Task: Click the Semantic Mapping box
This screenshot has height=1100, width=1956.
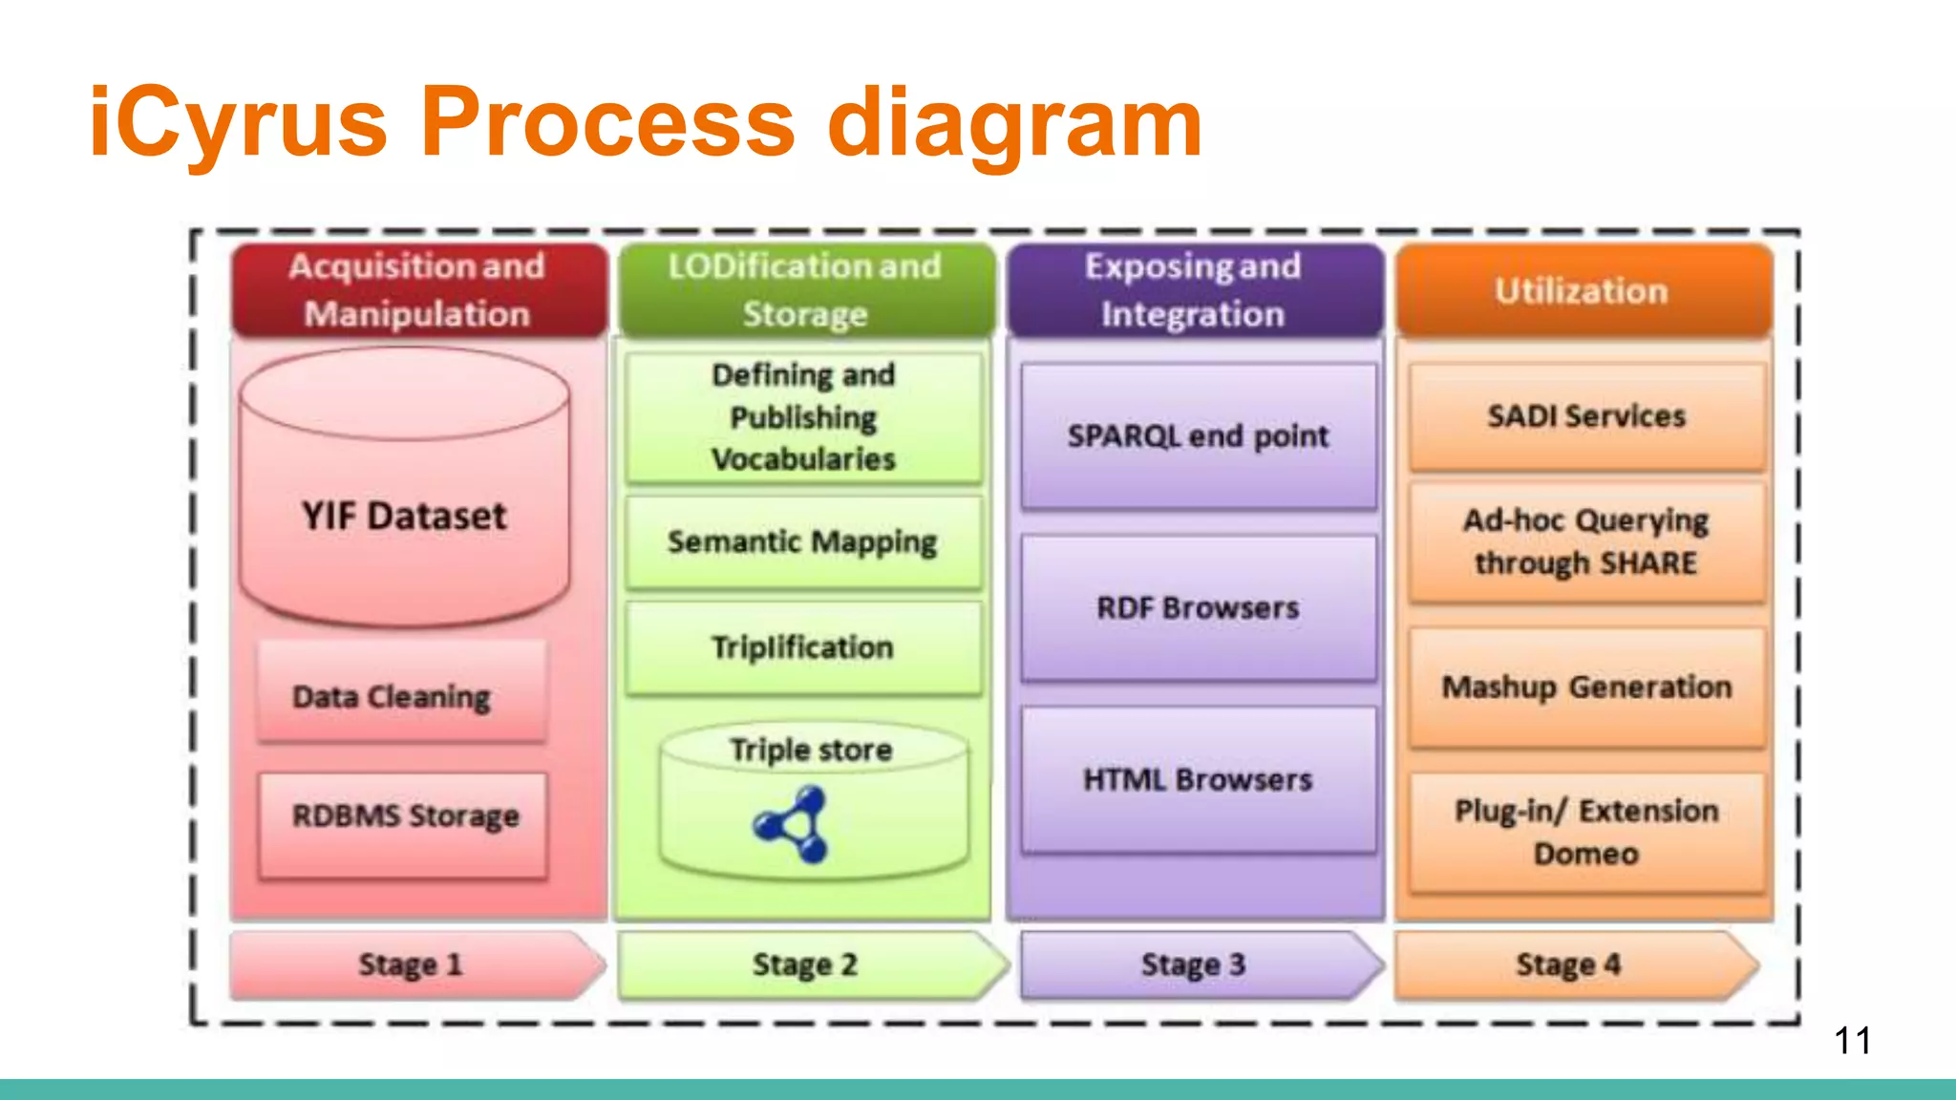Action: point(802,541)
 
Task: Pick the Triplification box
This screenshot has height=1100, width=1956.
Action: point(802,647)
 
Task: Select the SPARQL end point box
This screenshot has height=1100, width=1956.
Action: point(1198,435)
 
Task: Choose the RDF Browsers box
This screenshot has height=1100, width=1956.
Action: point(1198,607)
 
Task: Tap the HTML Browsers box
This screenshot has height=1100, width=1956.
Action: point(1198,779)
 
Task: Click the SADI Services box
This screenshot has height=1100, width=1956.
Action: point(1585,416)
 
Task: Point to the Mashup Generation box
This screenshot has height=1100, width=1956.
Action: point(1585,687)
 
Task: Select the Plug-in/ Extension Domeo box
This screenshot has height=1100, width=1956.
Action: point(1585,832)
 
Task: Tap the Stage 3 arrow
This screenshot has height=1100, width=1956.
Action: point(1194,964)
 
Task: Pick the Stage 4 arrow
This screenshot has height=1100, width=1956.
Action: point(1570,964)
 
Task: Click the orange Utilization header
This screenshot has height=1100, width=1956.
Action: point(1582,290)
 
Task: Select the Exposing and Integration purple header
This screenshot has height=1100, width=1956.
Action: point(1194,290)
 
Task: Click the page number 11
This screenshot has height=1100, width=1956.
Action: point(1852,1040)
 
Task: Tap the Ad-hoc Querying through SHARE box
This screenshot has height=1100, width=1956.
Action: point(1585,541)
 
